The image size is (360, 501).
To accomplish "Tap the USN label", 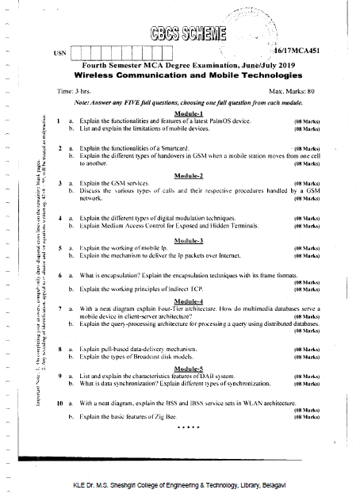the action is point(59,53).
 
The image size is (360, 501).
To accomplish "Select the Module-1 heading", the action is point(189,113).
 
